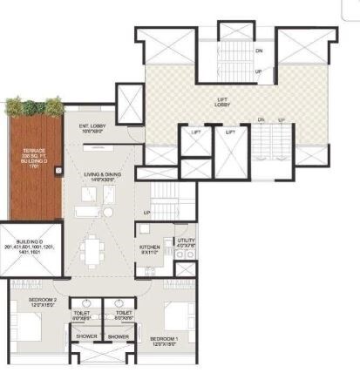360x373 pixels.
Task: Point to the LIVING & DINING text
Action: coord(103,174)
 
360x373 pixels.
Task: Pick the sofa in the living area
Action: coord(88,212)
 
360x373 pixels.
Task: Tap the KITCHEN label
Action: coord(150,248)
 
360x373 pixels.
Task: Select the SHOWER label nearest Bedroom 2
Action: coord(86,336)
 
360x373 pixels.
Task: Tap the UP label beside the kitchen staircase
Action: coord(146,212)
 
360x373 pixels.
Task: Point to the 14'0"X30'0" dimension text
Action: coord(103,180)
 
